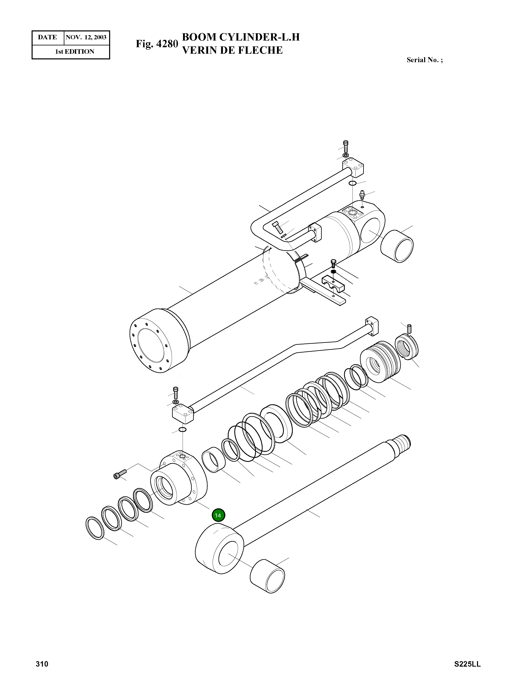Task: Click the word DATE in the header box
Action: (x=47, y=37)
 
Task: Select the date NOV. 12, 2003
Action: (x=86, y=37)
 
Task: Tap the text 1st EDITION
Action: (x=75, y=52)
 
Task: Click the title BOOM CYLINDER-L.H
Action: (x=241, y=37)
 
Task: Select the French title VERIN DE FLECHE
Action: (x=232, y=50)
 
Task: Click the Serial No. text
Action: (x=424, y=60)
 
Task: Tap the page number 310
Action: (x=42, y=664)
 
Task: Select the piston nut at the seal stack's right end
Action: (x=407, y=347)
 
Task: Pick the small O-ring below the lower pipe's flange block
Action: (x=182, y=430)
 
